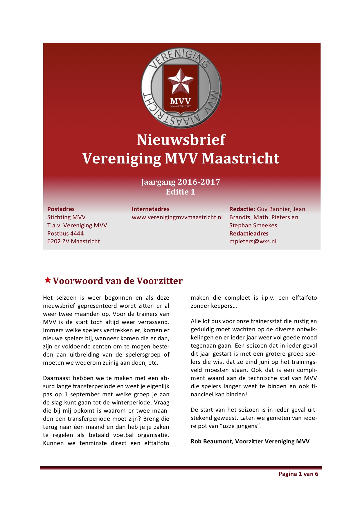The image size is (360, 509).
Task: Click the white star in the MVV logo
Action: (180, 81)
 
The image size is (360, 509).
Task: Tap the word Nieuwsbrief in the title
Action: (181, 140)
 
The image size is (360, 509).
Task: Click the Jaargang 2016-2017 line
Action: (180, 182)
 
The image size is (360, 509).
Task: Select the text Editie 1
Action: (180, 192)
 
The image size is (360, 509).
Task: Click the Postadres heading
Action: (61, 209)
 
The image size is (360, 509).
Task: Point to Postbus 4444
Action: (65, 233)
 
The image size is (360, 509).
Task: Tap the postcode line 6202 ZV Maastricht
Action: (73, 241)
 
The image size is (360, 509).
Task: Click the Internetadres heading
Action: (150, 209)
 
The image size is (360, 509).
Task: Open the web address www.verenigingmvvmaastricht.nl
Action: (177, 217)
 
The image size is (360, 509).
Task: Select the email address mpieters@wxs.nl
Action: (253, 241)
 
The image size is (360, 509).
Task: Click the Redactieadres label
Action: (249, 233)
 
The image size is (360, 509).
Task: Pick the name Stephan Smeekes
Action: (253, 225)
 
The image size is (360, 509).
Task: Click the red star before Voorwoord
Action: (48, 280)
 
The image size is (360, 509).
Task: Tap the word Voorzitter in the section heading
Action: (159, 281)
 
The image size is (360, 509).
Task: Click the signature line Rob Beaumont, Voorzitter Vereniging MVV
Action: (250, 441)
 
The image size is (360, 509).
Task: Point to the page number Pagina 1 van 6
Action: (298, 474)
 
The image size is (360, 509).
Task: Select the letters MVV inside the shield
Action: (180, 101)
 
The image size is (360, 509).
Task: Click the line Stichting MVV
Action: (66, 217)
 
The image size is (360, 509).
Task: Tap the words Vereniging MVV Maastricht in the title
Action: (181, 159)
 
